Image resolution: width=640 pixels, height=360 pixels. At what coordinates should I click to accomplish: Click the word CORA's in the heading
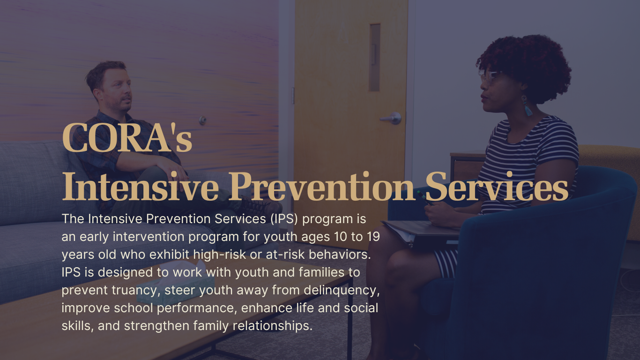click(x=127, y=137)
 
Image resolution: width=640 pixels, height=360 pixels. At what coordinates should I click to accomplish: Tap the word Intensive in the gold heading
click(x=141, y=187)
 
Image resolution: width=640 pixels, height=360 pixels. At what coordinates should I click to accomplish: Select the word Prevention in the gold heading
click(x=322, y=187)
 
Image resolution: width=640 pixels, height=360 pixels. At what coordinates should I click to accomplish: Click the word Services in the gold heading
click(x=497, y=187)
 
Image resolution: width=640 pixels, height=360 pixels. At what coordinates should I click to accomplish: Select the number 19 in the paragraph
click(x=373, y=237)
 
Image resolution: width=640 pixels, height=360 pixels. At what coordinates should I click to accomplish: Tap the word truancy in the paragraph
click(x=134, y=291)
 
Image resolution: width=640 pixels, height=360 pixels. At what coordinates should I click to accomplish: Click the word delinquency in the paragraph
click(x=342, y=291)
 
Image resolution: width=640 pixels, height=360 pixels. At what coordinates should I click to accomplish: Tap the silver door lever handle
click(x=391, y=118)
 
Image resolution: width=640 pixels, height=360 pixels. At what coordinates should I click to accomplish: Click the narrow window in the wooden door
click(x=374, y=58)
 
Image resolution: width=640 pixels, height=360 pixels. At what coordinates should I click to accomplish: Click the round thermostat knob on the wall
click(x=202, y=120)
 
